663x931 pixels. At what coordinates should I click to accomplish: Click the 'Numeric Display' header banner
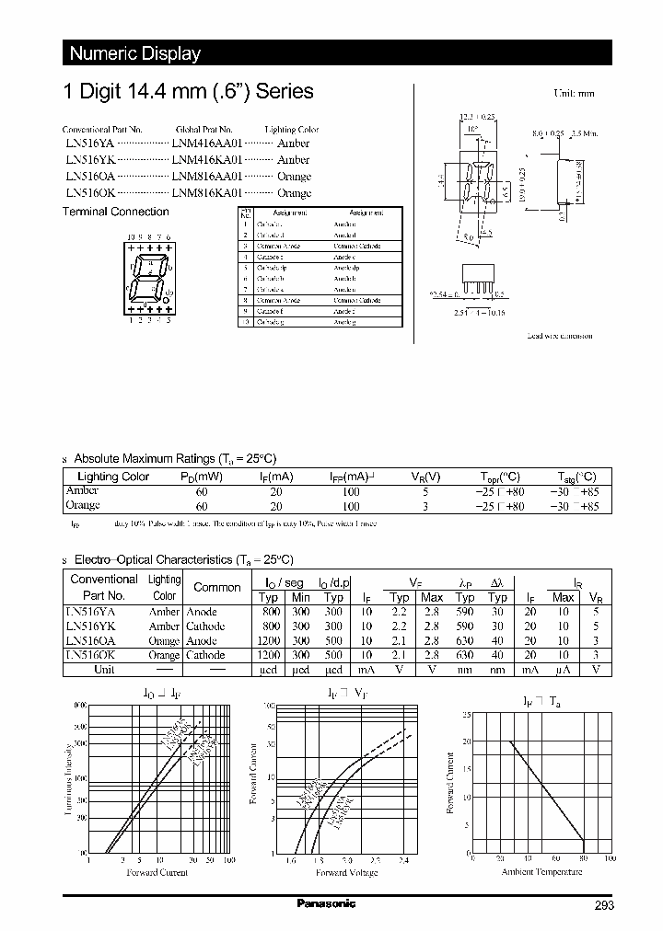coord(135,53)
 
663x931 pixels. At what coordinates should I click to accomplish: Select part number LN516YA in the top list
coord(84,144)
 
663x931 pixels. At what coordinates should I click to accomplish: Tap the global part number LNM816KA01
coord(207,193)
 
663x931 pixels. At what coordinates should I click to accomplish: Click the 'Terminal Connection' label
coord(115,212)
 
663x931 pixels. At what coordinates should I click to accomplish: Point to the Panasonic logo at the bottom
coord(325,904)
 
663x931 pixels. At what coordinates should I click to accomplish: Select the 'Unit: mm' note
coord(574,94)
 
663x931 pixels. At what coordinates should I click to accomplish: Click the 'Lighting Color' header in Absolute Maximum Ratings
coord(113,477)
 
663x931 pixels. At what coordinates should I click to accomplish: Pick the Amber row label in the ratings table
coord(82,491)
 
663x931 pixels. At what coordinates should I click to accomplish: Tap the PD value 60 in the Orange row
coord(202,506)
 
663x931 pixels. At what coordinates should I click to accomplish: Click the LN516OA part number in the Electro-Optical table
coord(90,640)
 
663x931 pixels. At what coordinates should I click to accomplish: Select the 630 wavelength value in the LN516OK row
coord(465,655)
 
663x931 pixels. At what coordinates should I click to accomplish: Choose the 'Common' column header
coord(216,587)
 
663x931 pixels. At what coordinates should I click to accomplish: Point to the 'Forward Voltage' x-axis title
coord(346,872)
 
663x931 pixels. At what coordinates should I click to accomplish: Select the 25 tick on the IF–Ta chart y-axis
coord(466,714)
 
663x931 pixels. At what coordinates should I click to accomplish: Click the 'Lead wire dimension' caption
coord(559,337)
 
